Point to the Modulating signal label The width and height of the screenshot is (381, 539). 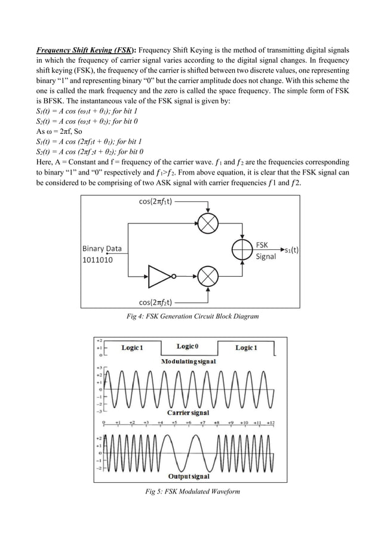(x=189, y=362)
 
